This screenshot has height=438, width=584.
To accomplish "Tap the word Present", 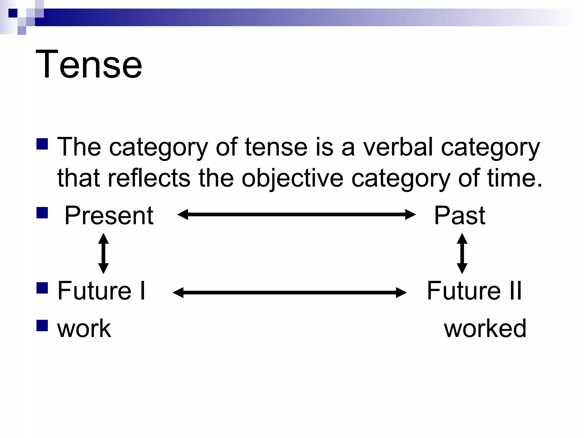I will (x=109, y=216).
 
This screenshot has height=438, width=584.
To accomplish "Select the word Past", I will (x=459, y=216).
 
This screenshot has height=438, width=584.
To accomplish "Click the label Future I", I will (x=102, y=291).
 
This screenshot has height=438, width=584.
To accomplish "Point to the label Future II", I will (x=474, y=291).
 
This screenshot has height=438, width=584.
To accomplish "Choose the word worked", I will (x=485, y=328).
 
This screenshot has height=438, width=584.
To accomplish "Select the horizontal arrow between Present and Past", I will (x=296, y=214).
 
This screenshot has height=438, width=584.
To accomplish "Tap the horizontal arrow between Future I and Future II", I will (x=289, y=293).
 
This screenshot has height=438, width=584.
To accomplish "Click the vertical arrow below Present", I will (x=103, y=254).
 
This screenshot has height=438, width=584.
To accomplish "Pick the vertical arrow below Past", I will (x=462, y=254).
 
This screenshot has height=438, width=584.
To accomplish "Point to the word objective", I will (x=293, y=178).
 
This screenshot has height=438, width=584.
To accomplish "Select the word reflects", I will (x=149, y=178).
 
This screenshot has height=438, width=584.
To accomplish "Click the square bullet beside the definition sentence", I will (x=42, y=144).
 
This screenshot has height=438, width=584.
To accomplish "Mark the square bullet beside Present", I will (x=42, y=212).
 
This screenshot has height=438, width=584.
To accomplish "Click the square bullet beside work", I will (x=42, y=325).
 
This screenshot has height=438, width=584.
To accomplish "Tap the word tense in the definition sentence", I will (x=276, y=147).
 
